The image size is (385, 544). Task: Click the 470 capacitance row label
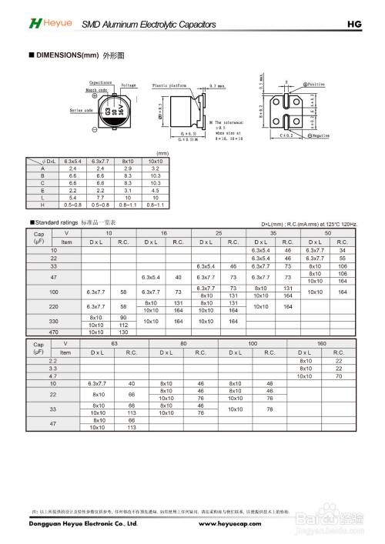[54, 332]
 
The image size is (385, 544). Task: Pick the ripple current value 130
[124, 332]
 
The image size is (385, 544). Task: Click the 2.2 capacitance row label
[53, 361]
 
